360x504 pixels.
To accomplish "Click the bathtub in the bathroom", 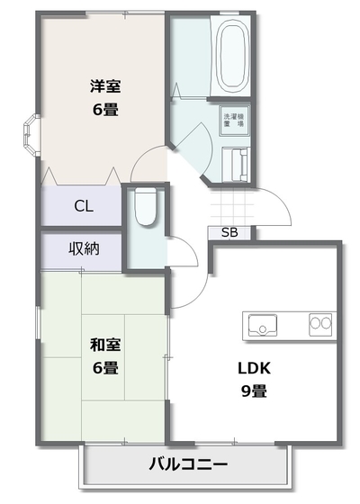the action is [230, 55].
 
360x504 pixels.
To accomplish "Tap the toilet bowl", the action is [146, 207].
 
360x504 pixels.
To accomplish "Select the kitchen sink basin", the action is [263, 325].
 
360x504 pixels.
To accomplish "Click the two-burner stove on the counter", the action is [320, 325].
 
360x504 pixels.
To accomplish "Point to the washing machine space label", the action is [234, 120].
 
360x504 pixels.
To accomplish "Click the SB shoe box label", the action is [229, 232].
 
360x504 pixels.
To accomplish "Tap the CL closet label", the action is [84, 206].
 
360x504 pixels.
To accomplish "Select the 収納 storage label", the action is [84, 248].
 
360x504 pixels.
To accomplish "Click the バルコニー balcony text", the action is [188, 464].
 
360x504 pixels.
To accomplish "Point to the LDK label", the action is [254, 368].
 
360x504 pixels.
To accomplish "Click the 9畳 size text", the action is [254, 391].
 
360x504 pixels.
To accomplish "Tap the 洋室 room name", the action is [105, 86].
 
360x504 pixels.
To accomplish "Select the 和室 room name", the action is [105, 345].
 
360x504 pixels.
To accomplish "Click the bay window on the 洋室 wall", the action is [30, 135].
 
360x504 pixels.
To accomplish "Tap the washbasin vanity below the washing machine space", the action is [236, 165].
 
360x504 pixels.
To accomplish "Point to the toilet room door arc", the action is [190, 247].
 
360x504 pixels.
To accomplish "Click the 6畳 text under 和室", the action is [105, 368].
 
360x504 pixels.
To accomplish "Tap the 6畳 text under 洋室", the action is [105, 110].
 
